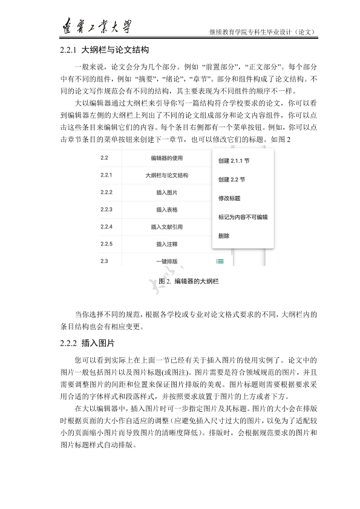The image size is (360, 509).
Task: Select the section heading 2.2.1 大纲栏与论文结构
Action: (105, 49)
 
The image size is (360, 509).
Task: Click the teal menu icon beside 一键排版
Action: (220, 261)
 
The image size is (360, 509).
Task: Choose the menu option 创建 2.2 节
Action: (231, 180)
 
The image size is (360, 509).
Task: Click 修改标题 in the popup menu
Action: (229, 198)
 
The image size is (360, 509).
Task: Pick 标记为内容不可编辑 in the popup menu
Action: (243, 216)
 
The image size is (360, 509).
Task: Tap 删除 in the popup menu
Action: (224, 235)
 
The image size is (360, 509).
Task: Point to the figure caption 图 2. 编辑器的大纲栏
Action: (188, 282)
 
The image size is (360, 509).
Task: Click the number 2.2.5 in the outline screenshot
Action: (106, 244)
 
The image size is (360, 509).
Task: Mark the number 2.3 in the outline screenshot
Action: (104, 261)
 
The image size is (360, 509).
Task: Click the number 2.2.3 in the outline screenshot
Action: (106, 210)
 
